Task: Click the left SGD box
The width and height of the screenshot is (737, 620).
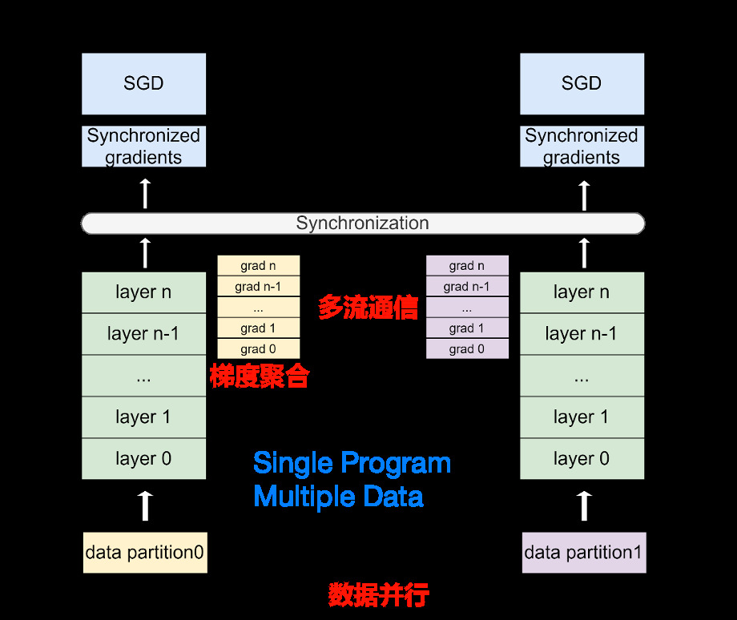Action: (144, 83)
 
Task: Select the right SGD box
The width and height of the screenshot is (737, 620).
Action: (582, 83)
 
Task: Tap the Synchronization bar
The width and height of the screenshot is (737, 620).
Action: (363, 223)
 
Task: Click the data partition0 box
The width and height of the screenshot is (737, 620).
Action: (145, 552)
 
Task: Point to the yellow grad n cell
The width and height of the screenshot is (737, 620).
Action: (259, 266)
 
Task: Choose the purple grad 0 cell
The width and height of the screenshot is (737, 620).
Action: (467, 349)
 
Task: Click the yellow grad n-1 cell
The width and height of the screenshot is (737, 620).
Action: (259, 287)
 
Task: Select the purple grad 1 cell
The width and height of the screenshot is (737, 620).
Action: (467, 328)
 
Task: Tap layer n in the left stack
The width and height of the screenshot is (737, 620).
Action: (144, 292)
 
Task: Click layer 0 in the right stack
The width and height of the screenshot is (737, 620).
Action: (582, 459)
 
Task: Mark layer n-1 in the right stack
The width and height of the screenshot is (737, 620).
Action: (582, 334)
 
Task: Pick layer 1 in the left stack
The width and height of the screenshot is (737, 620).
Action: (144, 417)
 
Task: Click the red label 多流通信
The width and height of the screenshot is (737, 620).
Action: (368, 308)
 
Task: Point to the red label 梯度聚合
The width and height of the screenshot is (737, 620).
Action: (260, 376)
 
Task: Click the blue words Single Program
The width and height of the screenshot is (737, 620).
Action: (352, 463)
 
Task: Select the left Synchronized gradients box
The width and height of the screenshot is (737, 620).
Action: (144, 147)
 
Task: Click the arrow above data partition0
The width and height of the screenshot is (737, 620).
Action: (145, 506)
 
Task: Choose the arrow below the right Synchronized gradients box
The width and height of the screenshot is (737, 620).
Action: (584, 195)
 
